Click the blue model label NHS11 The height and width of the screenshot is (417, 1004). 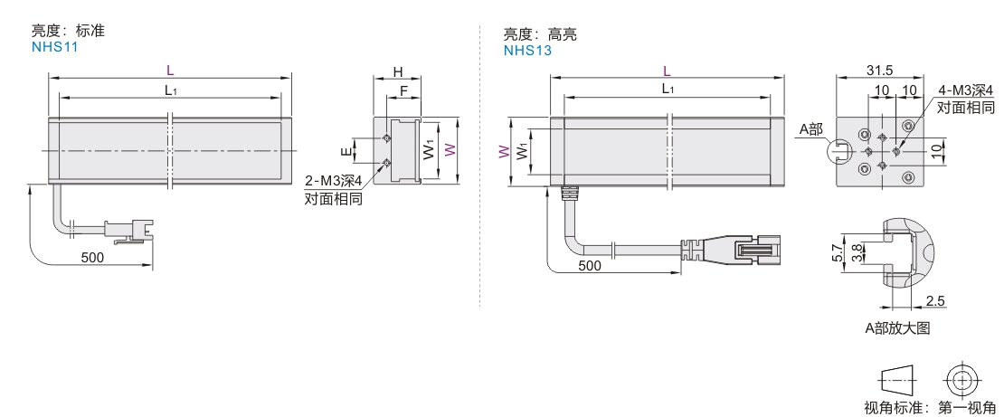54,47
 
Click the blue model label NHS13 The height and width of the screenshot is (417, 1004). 527,51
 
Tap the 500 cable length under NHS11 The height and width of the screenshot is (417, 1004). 91,257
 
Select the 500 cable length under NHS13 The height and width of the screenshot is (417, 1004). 589,266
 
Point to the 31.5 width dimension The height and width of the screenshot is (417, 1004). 879,70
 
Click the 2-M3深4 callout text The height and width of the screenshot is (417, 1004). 333,182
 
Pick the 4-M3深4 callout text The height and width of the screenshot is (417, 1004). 965,90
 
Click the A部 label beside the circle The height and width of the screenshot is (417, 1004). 810,129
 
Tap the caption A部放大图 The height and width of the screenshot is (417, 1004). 896,328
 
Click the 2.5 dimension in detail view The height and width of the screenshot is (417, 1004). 935,300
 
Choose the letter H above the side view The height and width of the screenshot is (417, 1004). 397,71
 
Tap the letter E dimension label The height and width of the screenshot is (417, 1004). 345,151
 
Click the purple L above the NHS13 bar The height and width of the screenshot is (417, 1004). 667,71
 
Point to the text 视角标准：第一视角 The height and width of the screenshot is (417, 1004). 930,408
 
